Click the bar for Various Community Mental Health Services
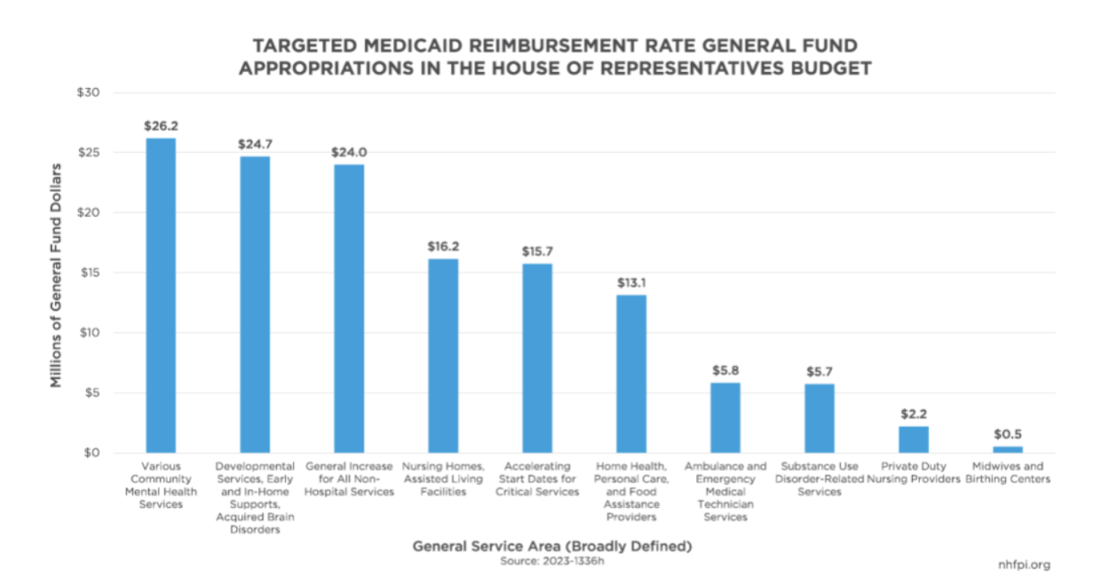tap(160, 295)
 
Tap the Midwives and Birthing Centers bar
tap(1007, 449)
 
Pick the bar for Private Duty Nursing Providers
tap(914, 439)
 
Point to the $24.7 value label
tap(254, 144)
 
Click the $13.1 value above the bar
tap(631, 283)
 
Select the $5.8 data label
tap(725, 370)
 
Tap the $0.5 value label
tap(1007, 434)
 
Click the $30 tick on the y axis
tap(87, 93)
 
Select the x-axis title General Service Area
tap(552, 546)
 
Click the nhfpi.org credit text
tap(1024, 565)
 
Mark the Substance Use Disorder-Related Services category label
tap(820, 479)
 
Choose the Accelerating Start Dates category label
tap(537, 479)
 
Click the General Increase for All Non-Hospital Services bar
tap(349, 308)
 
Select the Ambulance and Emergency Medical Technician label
tap(725, 492)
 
